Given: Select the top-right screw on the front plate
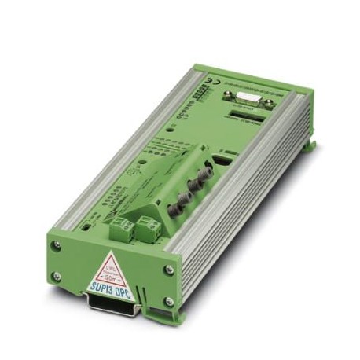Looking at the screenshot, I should (168, 270).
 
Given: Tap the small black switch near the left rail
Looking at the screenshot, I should (84, 222).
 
